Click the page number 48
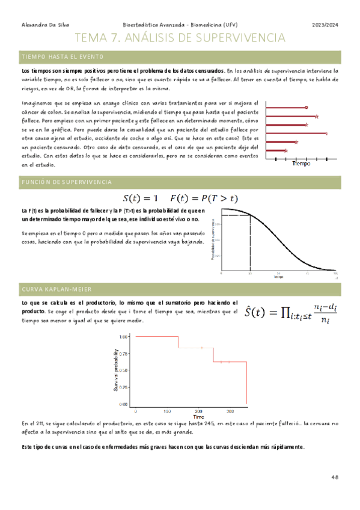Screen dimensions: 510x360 (x=335, y=476)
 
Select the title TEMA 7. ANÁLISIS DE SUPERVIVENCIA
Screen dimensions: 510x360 (x=180, y=39)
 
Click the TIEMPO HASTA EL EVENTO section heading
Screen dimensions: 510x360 (x=63, y=57)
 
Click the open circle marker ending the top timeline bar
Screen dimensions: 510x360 (x=307, y=108)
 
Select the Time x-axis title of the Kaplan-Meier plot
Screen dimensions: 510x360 (x=198, y=417)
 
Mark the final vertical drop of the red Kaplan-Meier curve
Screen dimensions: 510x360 (x=247, y=384)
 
